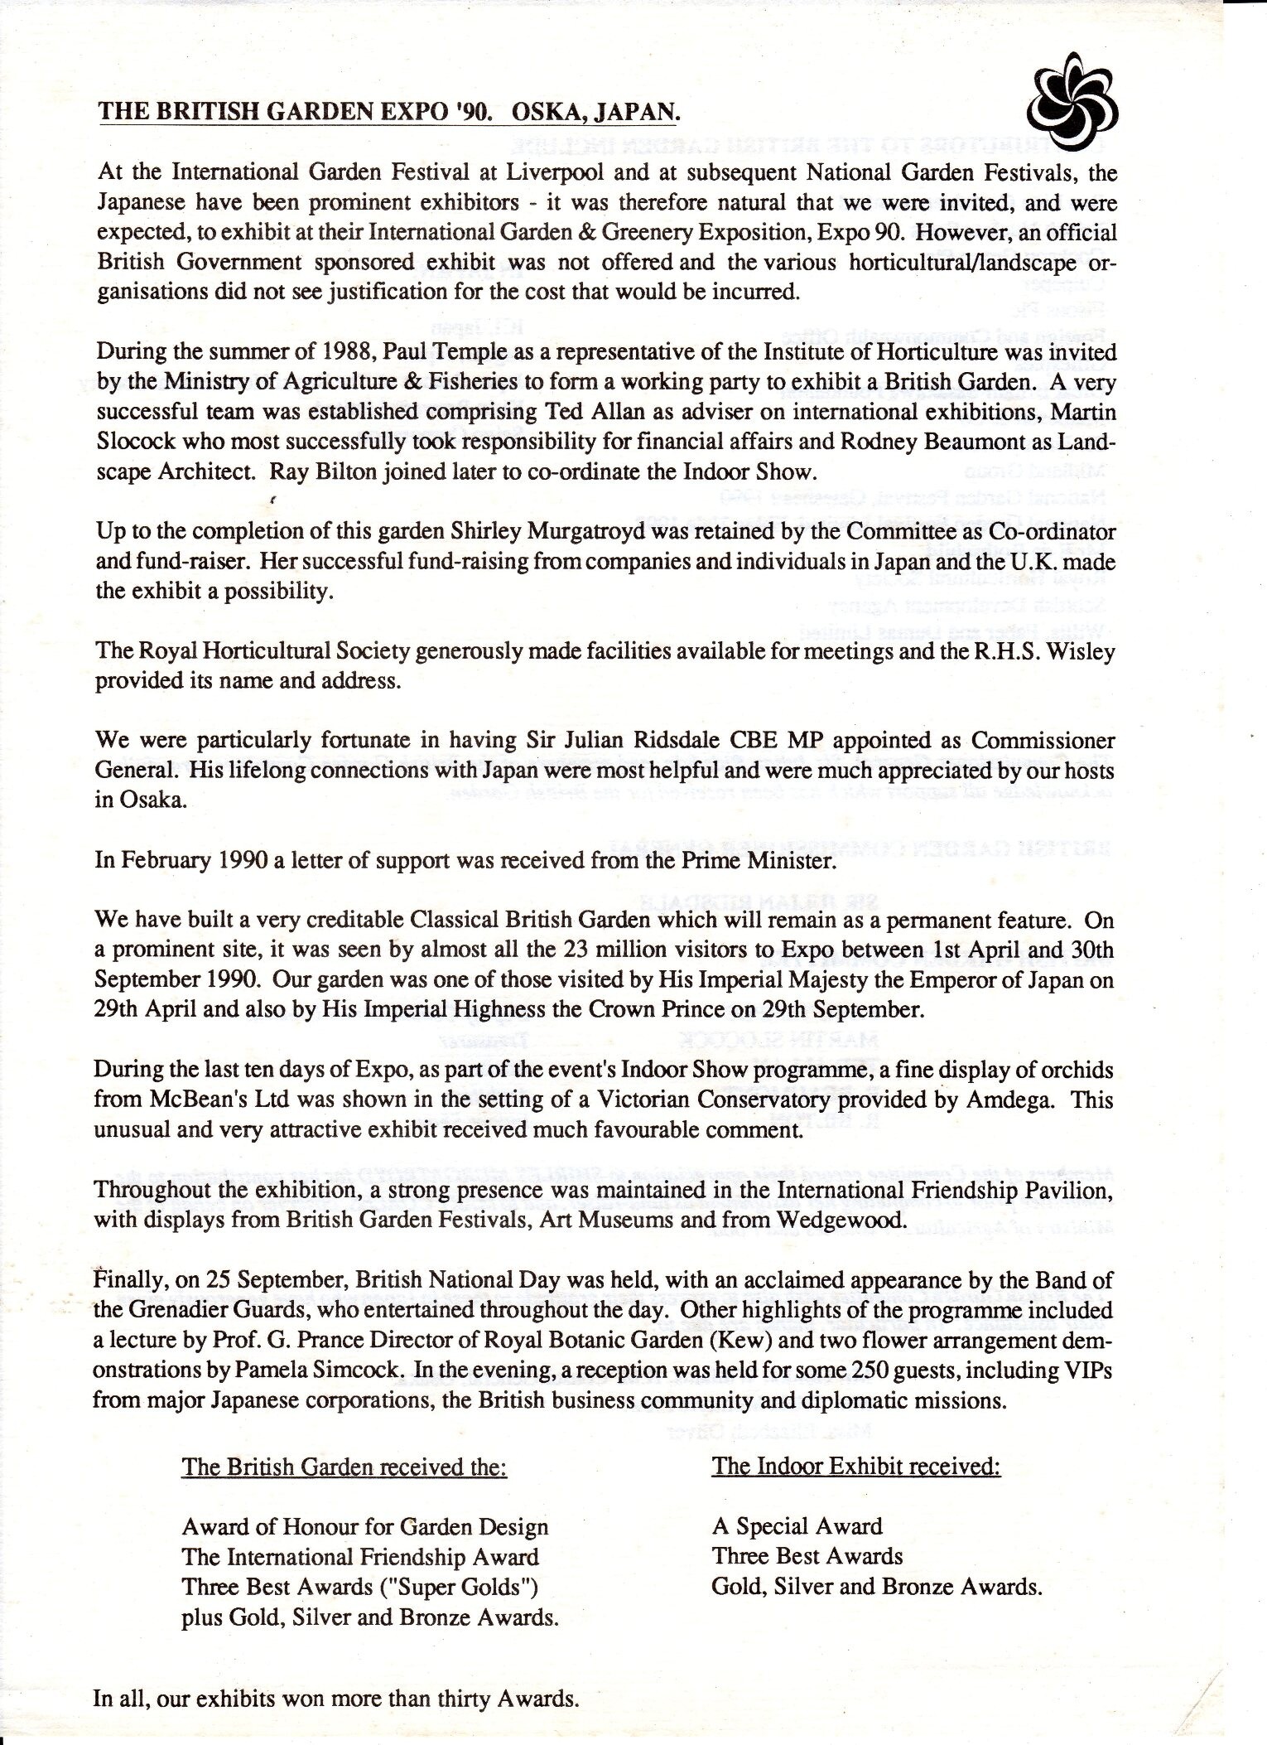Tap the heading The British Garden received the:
point(344,1467)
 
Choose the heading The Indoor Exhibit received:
point(855,1466)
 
